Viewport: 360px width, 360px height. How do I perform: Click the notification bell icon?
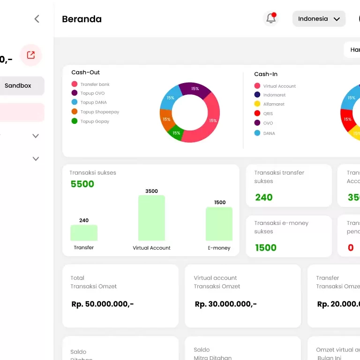tap(270, 19)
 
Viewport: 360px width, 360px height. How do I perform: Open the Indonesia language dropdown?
tap(319, 19)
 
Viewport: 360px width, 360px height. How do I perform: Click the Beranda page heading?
tap(82, 19)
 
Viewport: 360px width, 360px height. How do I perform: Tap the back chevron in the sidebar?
tap(37, 19)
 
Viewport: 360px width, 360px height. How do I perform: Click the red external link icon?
tap(31, 55)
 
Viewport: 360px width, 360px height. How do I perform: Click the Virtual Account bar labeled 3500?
tap(151, 218)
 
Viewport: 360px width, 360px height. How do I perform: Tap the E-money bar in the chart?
tap(219, 224)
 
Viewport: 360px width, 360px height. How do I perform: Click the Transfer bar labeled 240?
tap(84, 233)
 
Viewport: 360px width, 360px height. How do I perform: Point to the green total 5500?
tap(82, 184)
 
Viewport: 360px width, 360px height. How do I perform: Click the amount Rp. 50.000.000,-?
tap(102, 304)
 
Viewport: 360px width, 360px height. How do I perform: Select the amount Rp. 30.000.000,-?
tap(225, 304)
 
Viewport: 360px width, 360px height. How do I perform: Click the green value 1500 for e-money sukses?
tap(265, 248)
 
